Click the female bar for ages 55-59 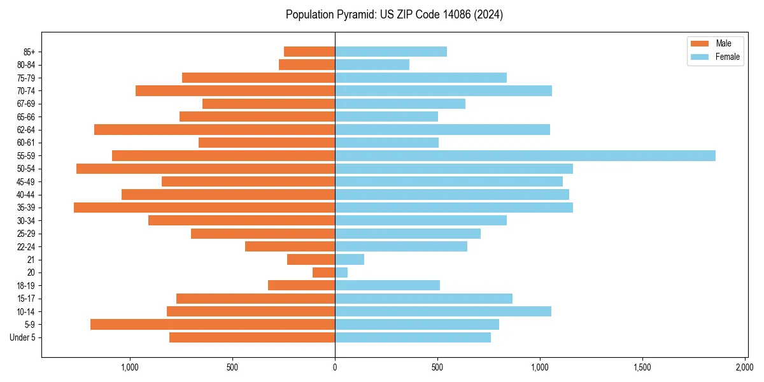coord(525,156)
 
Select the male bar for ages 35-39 coord(204,208)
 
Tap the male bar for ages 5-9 coord(213,324)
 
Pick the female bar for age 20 coord(341,272)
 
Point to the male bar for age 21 coord(311,260)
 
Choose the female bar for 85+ coord(391,52)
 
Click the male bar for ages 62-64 coord(215,130)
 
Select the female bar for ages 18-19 coord(387,285)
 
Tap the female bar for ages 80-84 coord(372,65)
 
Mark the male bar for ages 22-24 coord(290,246)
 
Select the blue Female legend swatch coord(700,57)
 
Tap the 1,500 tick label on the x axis coord(642,367)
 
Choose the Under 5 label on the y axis coord(23,337)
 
